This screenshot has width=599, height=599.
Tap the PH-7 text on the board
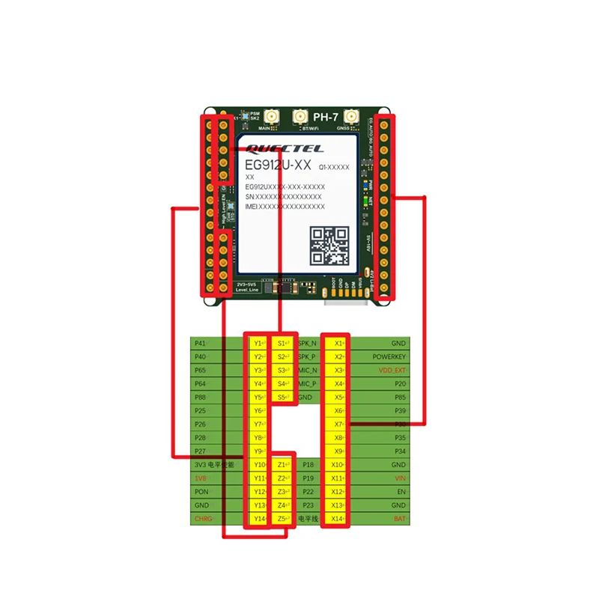pyautogui.click(x=326, y=118)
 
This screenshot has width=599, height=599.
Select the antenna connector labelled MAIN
pyautogui.click(x=266, y=118)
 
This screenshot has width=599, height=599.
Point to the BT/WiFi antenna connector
pyautogui.click(x=301, y=118)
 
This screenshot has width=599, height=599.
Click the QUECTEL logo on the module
pyautogui.click(x=276, y=148)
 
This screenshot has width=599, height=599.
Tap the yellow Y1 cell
pyautogui.click(x=259, y=343)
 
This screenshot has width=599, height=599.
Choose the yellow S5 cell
pyautogui.click(x=282, y=397)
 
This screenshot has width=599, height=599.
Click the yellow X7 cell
pyautogui.click(x=338, y=424)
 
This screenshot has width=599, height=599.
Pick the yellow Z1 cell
pyautogui.click(x=282, y=465)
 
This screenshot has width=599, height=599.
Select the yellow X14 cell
pyautogui.click(x=338, y=519)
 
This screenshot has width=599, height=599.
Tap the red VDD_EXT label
pyautogui.click(x=392, y=370)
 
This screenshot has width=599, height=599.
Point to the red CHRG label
pyautogui.click(x=203, y=519)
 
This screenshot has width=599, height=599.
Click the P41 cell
pyautogui.click(x=200, y=343)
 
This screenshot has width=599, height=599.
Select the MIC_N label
pyautogui.click(x=307, y=370)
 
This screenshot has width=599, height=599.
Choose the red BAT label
pyautogui.click(x=400, y=519)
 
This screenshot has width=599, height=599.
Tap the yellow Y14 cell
pyautogui.click(x=259, y=519)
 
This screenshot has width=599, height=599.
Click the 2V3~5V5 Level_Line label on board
pyautogui.click(x=247, y=288)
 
